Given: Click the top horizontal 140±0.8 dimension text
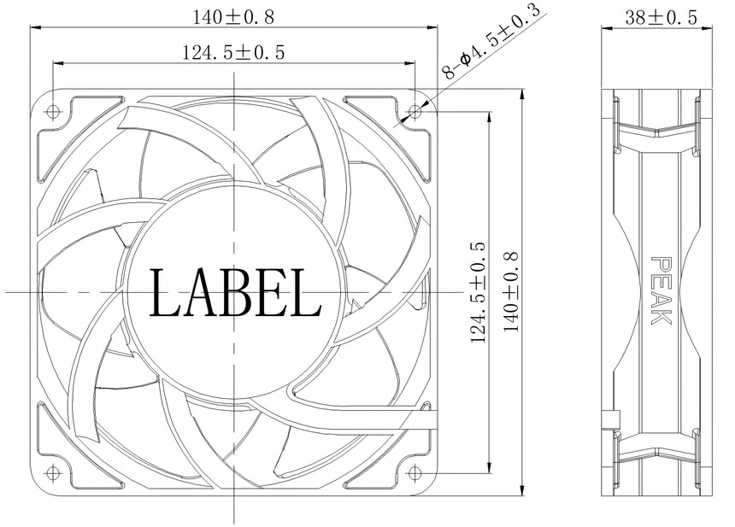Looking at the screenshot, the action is [233, 17].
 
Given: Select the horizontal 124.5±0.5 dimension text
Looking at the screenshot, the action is [233, 52].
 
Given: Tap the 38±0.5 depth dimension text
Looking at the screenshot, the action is [661, 17].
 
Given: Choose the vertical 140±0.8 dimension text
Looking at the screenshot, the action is [511, 292].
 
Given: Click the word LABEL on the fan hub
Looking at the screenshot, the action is [235, 292].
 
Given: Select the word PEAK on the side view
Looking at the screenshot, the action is [661, 290].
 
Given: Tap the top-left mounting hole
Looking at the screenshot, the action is [52, 112].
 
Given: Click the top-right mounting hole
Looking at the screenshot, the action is [415, 112].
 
